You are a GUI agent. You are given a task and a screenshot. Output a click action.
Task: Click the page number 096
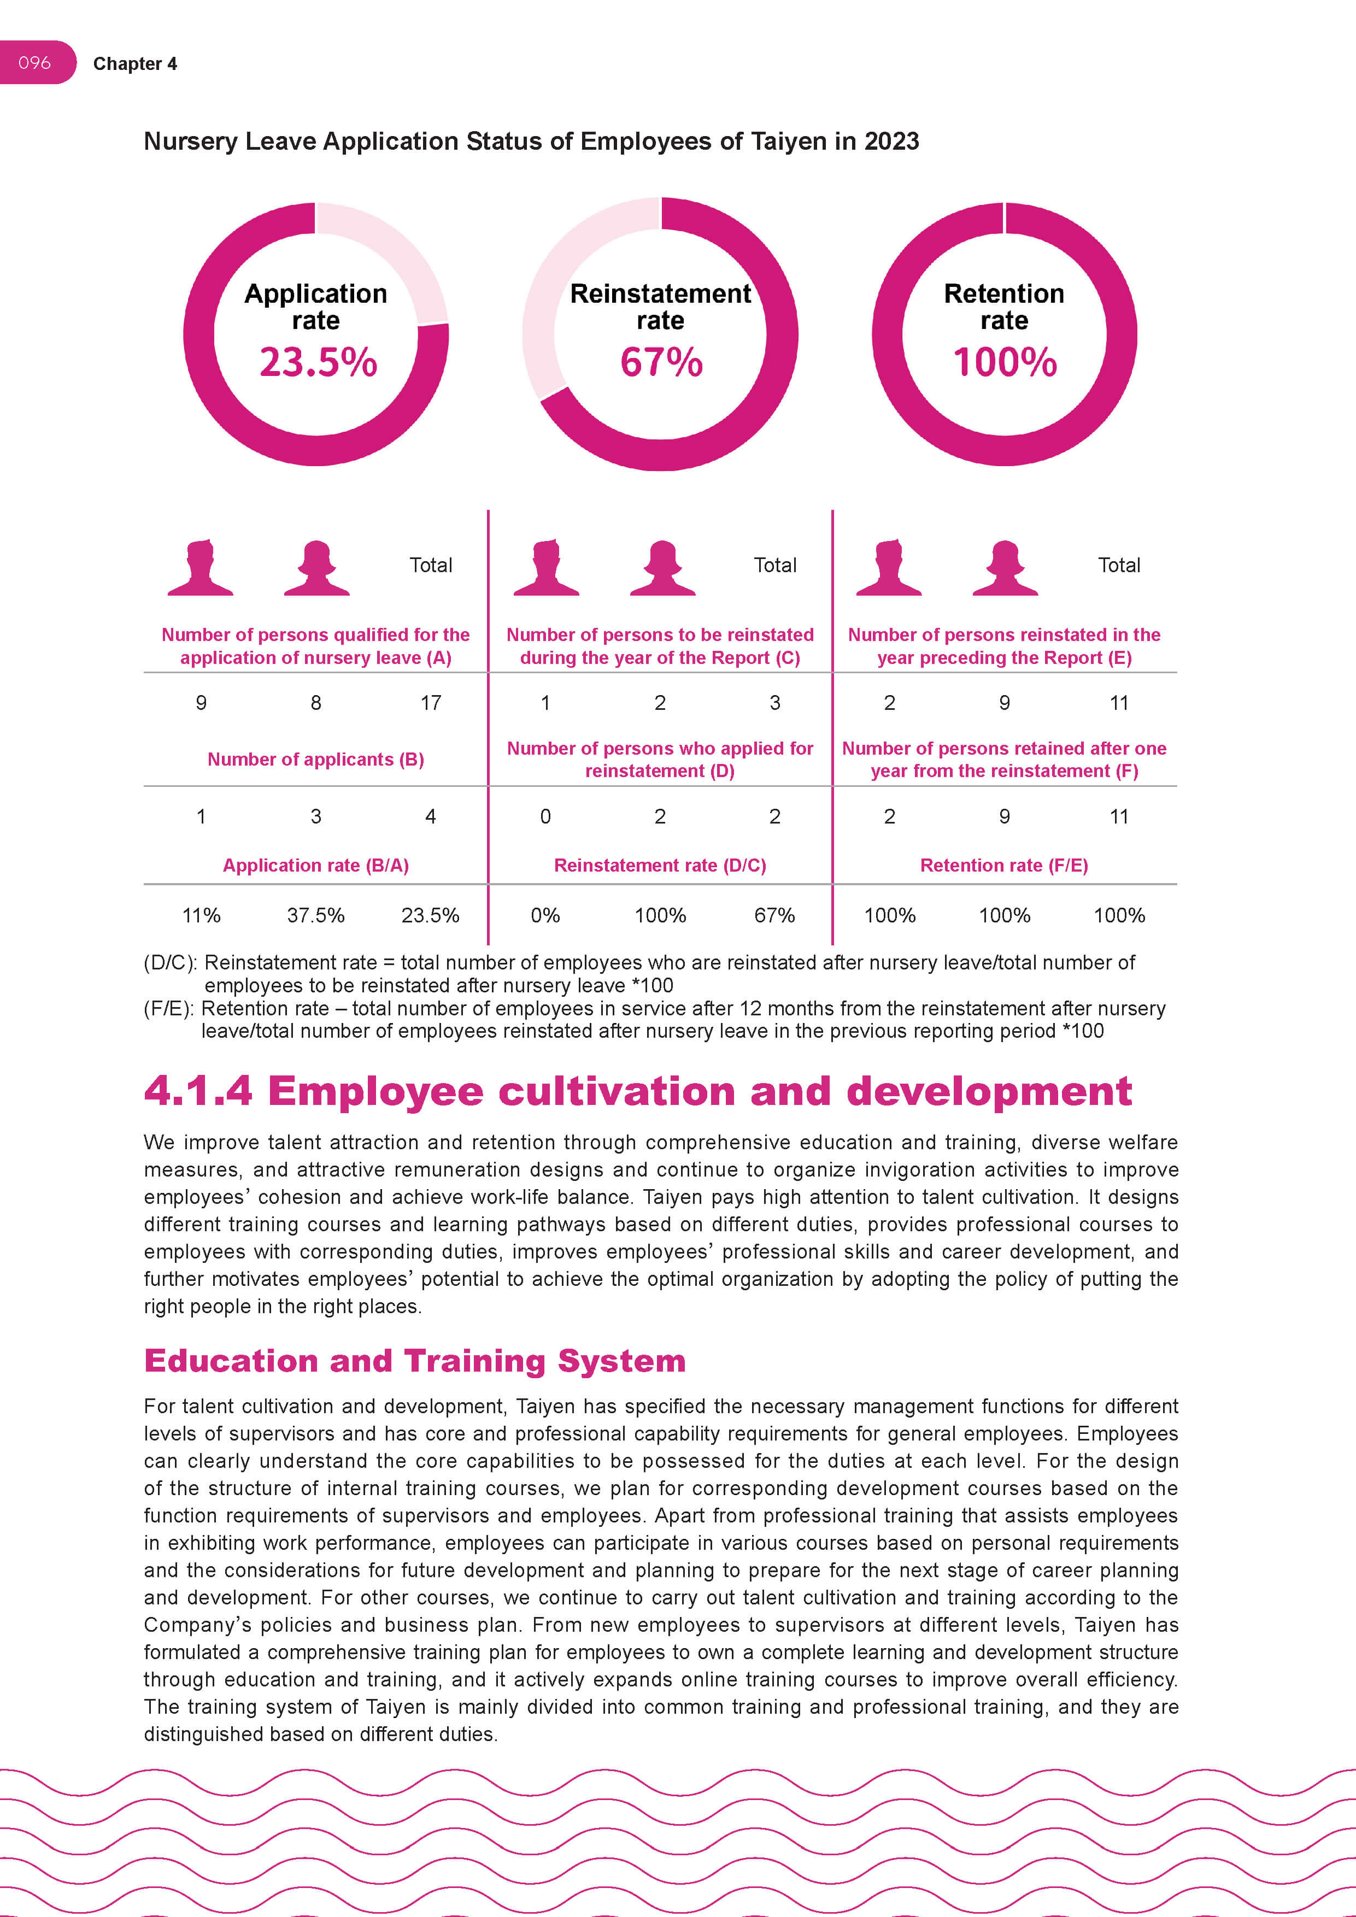(34, 63)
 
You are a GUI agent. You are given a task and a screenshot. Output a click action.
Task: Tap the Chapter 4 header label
(134, 64)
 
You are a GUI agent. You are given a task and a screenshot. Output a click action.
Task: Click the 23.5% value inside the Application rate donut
(318, 362)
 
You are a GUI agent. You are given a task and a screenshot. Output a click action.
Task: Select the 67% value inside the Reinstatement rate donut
(660, 362)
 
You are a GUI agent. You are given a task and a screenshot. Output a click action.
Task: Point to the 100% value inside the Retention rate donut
(1005, 362)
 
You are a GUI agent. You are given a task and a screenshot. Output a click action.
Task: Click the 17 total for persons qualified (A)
(430, 703)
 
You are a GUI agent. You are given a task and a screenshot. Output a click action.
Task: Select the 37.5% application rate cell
(315, 915)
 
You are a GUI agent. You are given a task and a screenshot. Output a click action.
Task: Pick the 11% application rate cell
(201, 915)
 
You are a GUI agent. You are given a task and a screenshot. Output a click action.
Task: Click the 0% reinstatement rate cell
(545, 915)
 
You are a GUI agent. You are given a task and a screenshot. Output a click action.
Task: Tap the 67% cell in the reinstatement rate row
(774, 915)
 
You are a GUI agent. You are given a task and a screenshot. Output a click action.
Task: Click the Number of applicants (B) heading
(315, 759)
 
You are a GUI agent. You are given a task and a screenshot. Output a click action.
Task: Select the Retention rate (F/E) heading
(1003, 865)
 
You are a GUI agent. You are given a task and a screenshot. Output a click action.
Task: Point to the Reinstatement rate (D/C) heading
(660, 865)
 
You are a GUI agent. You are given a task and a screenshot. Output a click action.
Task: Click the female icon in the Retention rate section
(1005, 568)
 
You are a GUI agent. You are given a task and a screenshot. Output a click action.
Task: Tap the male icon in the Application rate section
(201, 568)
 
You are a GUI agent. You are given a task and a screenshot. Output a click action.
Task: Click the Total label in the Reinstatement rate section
(775, 565)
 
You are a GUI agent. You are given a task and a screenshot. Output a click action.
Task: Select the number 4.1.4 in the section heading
(198, 1091)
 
